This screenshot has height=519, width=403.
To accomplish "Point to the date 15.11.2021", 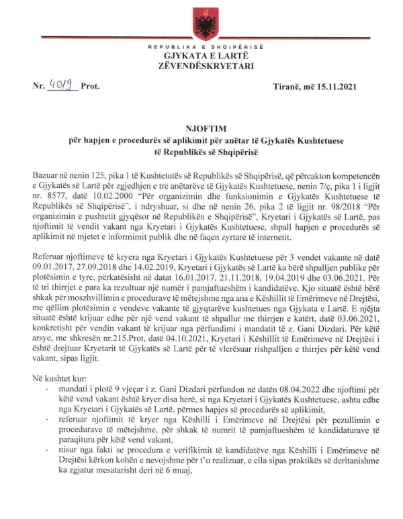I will point(332,87).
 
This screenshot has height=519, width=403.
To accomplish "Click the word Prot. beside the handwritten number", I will point(90,87).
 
